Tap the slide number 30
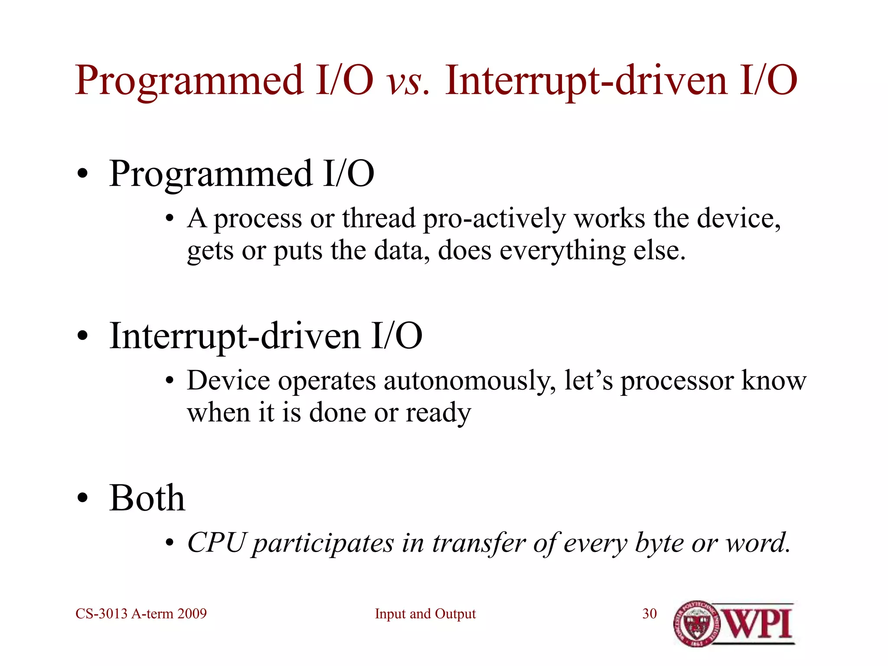tap(649, 614)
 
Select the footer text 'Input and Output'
tap(425, 614)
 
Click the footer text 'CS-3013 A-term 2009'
tap(141, 614)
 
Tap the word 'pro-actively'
tap(494, 218)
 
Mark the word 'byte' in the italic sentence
tap(659, 543)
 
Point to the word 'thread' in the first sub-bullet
tap(379, 218)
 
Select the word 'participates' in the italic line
tap(323, 543)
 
